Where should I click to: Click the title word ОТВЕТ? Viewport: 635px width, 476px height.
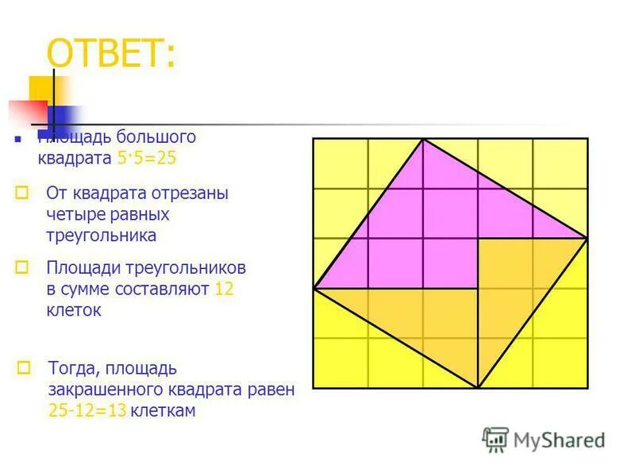point(112,55)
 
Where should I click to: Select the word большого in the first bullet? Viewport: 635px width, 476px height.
point(156,136)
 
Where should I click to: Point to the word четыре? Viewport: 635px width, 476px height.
point(73,214)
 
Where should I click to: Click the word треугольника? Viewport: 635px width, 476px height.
point(101,235)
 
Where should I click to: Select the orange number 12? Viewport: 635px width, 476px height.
point(224,289)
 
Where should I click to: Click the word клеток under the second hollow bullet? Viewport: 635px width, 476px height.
point(74,310)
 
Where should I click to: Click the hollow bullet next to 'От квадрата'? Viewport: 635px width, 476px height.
point(23,192)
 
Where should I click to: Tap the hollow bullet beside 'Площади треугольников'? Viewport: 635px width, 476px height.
point(23,267)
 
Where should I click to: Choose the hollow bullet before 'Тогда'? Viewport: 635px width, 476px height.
point(25,367)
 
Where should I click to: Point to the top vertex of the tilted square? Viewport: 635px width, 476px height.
point(423,139)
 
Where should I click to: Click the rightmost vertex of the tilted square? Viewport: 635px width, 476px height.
point(587,238)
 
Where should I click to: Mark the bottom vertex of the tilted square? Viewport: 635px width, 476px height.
point(478,388)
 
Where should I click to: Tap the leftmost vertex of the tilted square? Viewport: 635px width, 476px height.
point(314,288)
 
